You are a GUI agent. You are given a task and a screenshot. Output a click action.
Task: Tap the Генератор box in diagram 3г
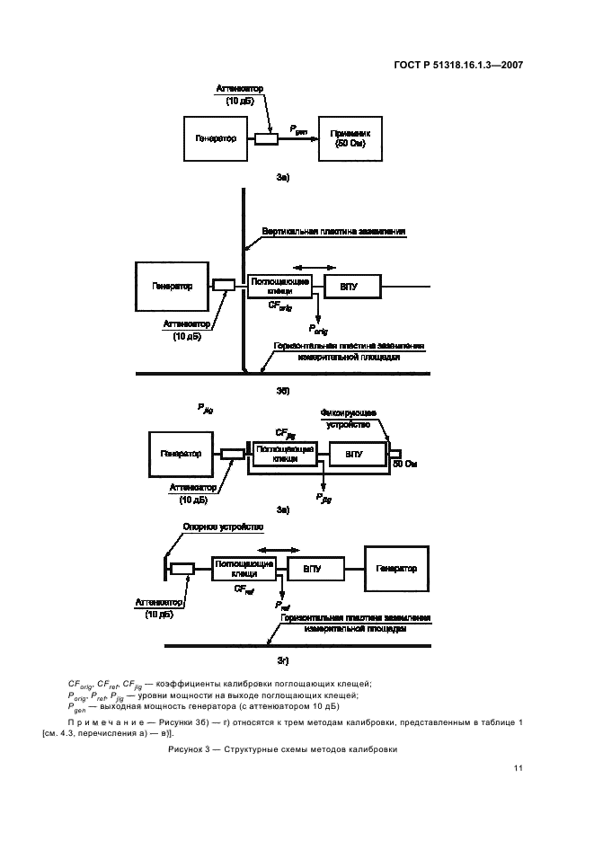tap(396, 569)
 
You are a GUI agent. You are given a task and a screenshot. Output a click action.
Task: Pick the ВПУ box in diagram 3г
tap(312, 570)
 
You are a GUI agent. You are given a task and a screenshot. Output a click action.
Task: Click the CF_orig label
tap(280, 306)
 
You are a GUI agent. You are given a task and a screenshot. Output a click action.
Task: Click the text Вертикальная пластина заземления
tap(334, 231)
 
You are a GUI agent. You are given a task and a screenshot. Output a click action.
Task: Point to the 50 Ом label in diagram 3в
tap(405, 465)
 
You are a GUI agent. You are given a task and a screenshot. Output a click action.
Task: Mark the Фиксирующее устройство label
tap(353, 418)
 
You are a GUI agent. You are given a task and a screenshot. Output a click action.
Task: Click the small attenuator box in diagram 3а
tap(266, 138)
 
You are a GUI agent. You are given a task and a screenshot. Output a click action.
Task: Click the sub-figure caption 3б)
tap(282, 391)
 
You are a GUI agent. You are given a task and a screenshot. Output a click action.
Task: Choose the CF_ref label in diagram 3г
tap(244, 589)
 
